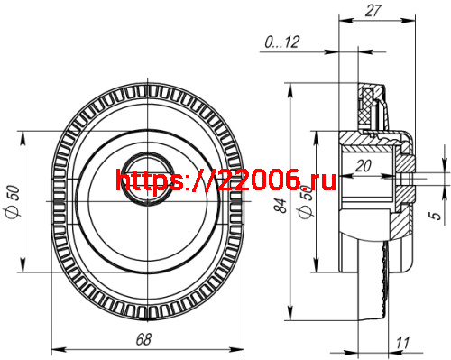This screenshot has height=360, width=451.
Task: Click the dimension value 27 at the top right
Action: click(x=375, y=11)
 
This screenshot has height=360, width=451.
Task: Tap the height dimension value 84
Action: click(x=282, y=208)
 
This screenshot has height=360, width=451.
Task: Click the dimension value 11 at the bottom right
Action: click(x=402, y=342)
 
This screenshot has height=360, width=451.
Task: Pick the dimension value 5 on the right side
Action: click(x=436, y=216)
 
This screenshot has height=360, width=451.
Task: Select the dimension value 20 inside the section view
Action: click(x=364, y=165)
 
